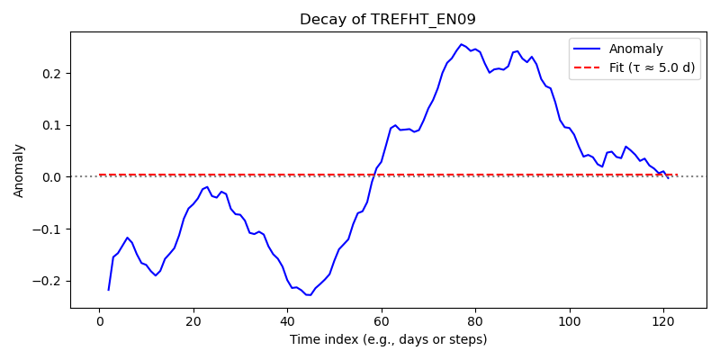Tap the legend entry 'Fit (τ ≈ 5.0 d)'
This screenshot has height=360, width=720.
(652, 67)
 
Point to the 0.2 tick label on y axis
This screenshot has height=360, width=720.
(56, 74)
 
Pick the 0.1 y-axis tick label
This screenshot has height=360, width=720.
(56, 125)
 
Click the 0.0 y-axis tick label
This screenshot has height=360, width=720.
(56, 177)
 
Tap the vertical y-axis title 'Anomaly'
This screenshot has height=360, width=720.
(18, 171)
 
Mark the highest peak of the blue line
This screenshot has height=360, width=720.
(462, 44)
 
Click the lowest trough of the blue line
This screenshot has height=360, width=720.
(308, 295)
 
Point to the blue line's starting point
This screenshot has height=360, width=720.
(108, 290)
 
